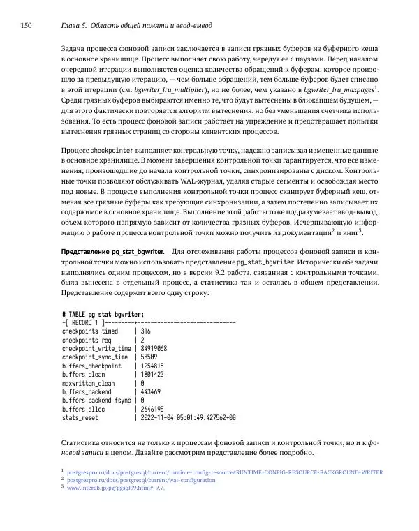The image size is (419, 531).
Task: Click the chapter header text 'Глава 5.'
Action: tap(68, 26)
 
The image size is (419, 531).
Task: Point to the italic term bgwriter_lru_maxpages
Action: tap(336, 90)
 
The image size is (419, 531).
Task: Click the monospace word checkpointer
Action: tap(114, 151)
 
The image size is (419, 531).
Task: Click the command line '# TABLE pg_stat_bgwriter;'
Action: tap(103, 315)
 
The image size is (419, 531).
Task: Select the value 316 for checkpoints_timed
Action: tap(146, 331)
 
